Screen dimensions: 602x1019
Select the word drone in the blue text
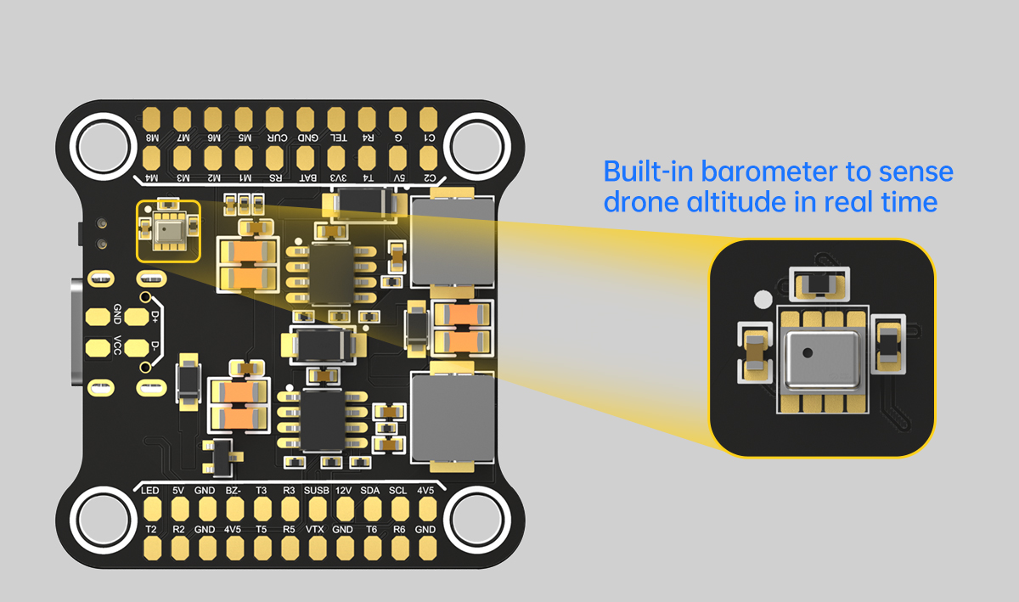(x=637, y=203)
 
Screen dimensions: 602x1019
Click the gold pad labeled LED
(x=152, y=509)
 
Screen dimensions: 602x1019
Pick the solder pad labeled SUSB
(x=317, y=509)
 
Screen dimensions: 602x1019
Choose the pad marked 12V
(x=344, y=509)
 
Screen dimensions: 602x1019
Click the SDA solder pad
(x=371, y=509)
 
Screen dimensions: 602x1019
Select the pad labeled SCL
(x=398, y=509)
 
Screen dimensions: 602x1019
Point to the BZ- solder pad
(x=234, y=509)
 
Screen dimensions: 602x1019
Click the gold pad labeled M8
(x=153, y=117)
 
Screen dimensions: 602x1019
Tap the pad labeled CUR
(x=275, y=117)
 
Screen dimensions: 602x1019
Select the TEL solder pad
(x=337, y=117)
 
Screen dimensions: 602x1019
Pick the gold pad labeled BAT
(x=306, y=158)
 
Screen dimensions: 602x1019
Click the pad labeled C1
(x=429, y=117)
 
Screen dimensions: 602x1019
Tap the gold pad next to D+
(x=136, y=317)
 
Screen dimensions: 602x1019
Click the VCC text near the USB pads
(x=117, y=346)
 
